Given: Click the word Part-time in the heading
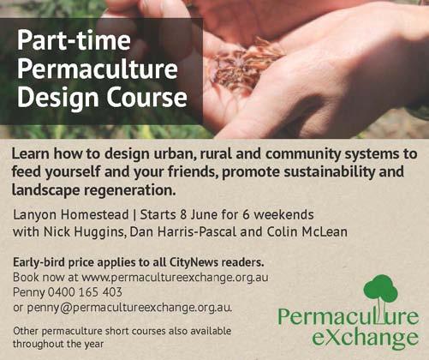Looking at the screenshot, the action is [x=74, y=40].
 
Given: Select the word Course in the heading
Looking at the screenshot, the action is [x=147, y=97].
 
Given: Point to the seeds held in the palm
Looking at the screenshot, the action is [x=246, y=64].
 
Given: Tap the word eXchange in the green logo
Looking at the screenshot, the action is [x=366, y=338].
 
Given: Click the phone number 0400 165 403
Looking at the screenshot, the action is [x=85, y=292].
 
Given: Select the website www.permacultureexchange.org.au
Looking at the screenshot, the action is [x=175, y=278].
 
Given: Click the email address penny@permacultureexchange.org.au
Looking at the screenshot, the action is [x=129, y=308].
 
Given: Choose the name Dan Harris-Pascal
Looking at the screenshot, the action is [x=182, y=231].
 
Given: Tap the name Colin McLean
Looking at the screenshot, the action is [x=307, y=231].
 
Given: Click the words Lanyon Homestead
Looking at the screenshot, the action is [x=71, y=215].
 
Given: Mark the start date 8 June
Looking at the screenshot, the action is [x=199, y=214].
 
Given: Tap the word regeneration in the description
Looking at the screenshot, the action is [x=129, y=190].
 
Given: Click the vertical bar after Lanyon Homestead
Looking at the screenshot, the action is [x=134, y=215].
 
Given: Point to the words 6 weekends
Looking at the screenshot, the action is [x=277, y=214].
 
